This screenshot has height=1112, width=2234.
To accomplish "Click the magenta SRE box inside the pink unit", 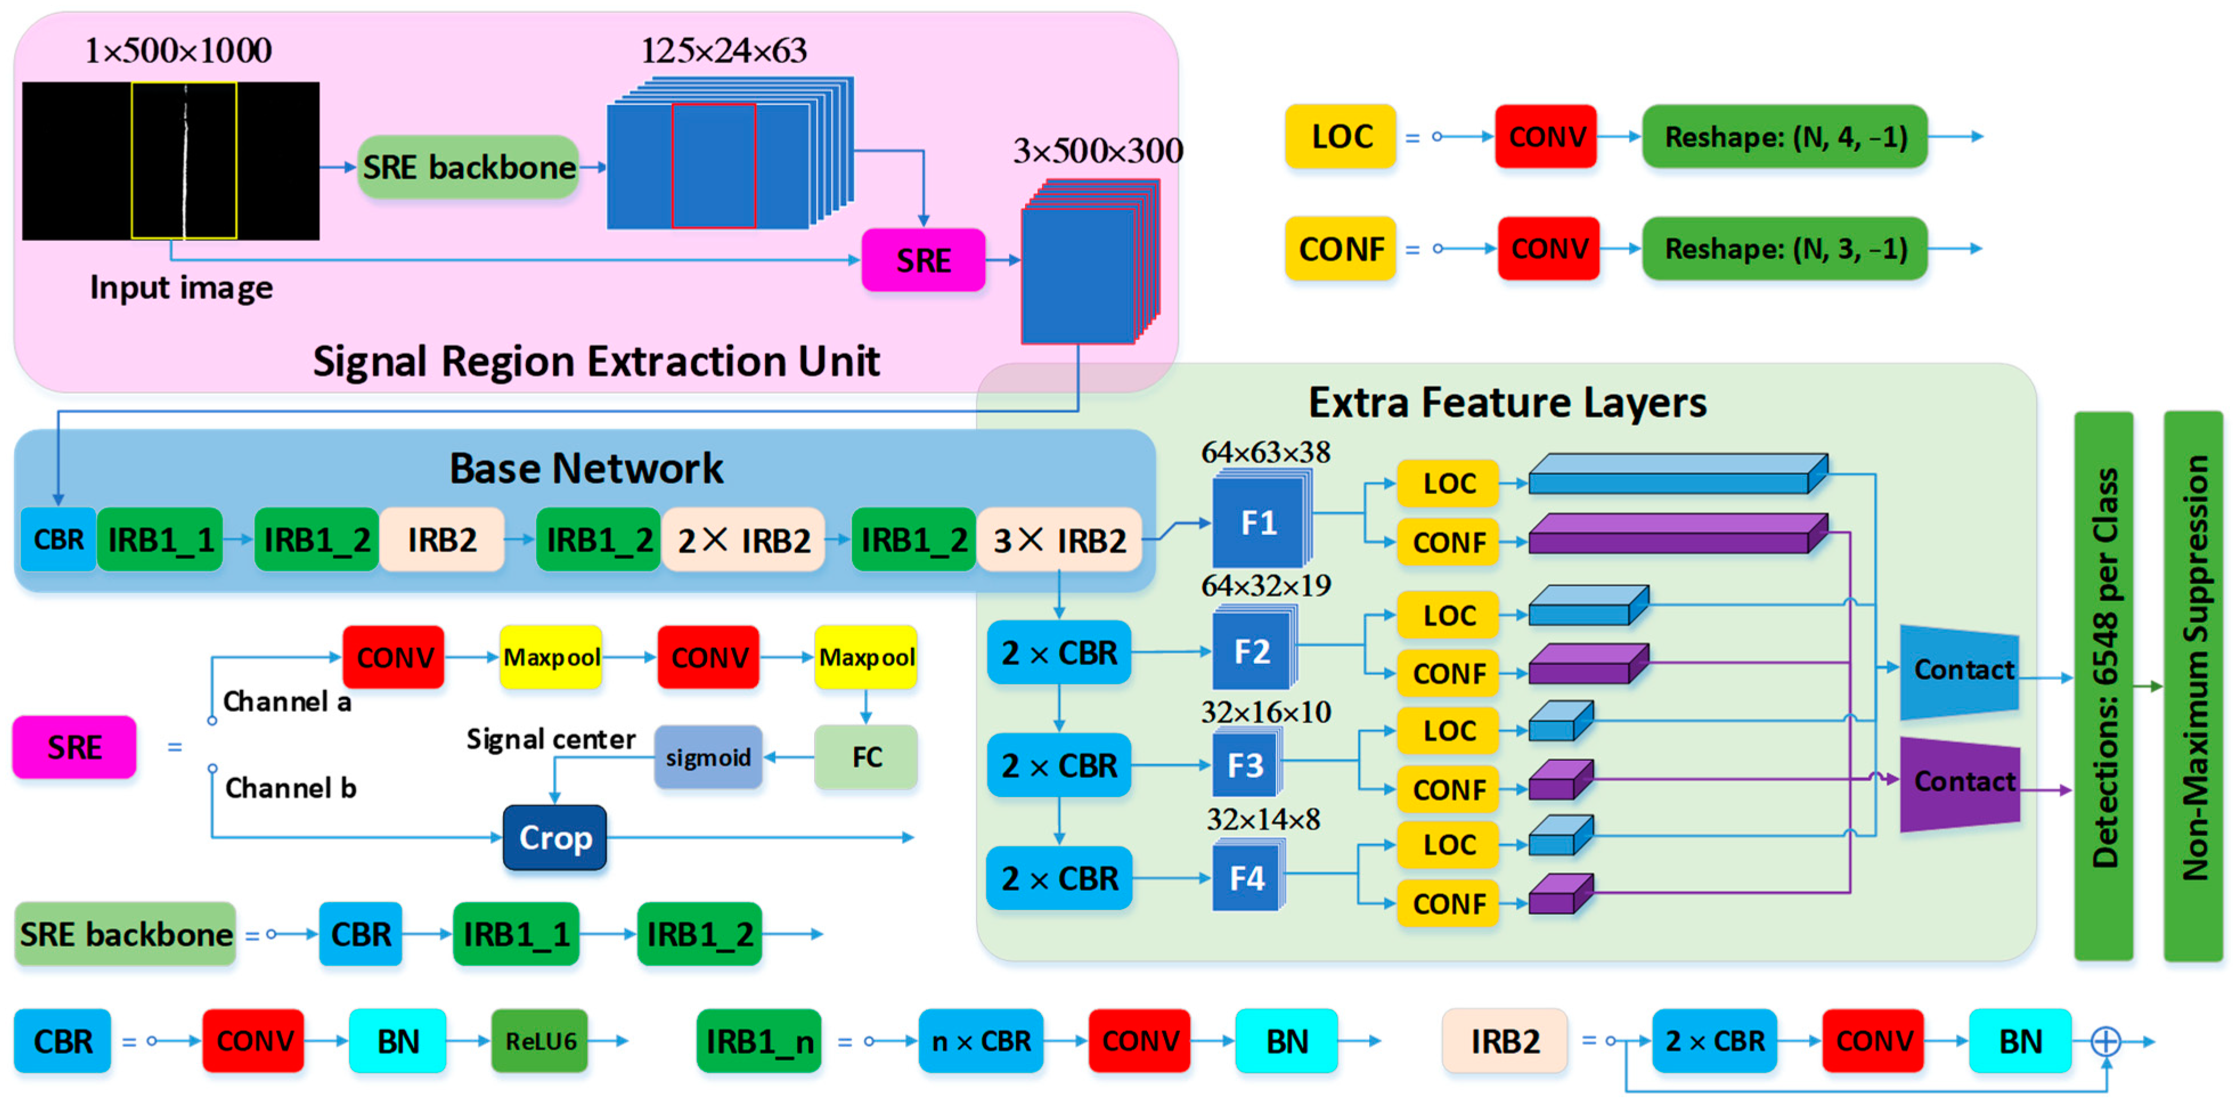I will (x=923, y=260).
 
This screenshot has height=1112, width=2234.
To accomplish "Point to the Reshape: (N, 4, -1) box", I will (x=1785, y=137).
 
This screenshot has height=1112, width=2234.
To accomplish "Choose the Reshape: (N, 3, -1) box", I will (x=1785, y=249).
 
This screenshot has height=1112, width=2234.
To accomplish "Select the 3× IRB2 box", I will (x=1059, y=540).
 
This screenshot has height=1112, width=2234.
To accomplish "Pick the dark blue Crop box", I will (x=555, y=837).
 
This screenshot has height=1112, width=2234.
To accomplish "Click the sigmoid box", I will (x=708, y=757).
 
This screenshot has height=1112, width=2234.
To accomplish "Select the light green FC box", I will (x=867, y=757).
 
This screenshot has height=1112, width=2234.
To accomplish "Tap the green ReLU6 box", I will (x=540, y=1041).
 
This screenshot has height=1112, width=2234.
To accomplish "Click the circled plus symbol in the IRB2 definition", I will (x=2106, y=1041).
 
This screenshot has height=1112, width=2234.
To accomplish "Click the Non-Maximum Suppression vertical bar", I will (x=2193, y=685).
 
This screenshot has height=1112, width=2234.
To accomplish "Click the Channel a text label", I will (x=287, y=701).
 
